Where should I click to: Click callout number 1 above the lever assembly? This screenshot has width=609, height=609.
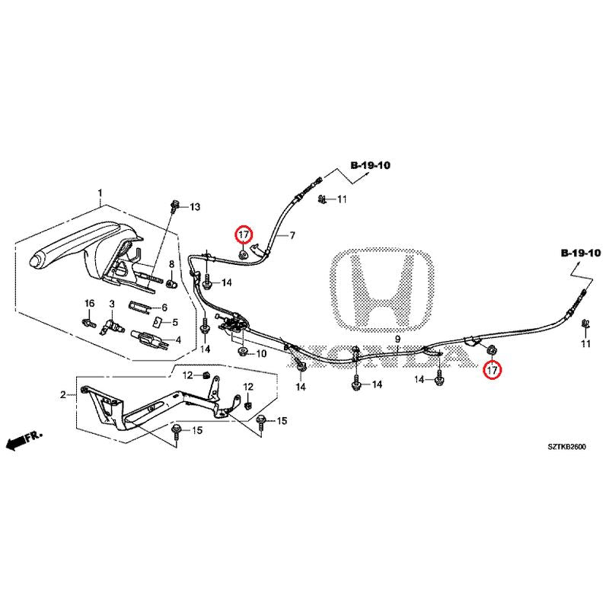99,192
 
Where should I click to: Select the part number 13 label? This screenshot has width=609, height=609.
194,207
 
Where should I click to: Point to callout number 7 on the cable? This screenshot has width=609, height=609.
291,236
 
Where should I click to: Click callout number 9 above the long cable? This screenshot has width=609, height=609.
397,339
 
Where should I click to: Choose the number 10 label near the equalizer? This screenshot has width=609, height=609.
261,354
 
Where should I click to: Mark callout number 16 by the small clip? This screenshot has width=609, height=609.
88,304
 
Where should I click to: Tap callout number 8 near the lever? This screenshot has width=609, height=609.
171,265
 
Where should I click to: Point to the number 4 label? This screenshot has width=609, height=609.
177,340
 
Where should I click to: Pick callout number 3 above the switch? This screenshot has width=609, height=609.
111,304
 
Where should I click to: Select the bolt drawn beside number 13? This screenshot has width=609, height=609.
177,206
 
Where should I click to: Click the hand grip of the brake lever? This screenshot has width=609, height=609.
57,256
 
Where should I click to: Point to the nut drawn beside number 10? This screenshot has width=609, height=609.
243,352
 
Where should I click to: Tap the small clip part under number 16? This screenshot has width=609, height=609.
88,321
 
